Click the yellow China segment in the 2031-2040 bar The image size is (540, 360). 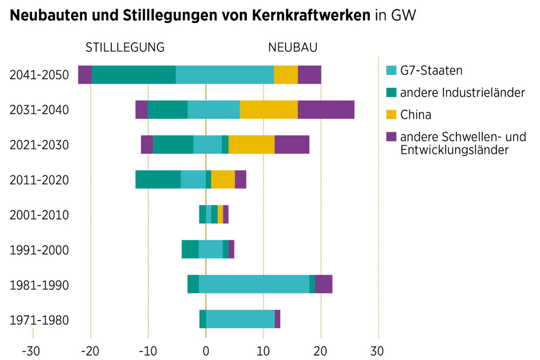pyautogui.click(x=268, y=110)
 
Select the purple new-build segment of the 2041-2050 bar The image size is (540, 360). pyautogui.click(x=309, y=74)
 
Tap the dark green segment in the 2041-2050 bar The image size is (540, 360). pyautogui.click(x=133, y=74)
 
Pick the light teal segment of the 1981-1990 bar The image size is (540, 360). pyautogui.click(x=254, y=284)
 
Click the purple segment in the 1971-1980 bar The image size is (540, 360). pyautogui.click(x=278, y=319)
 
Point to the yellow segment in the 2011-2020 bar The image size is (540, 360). pyautogui.click(x=223, y=179)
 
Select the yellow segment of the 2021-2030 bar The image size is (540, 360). pyautogui.click(x=252, y=145)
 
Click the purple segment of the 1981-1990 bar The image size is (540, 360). pyautogui.click(x=323, y=284)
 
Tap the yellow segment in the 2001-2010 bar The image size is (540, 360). pyautogui.click(x=220, y=214)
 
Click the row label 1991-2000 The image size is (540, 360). pyautogui.click(x=39, y=250)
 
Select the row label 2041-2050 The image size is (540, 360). pyautogui.click(x=39, y=75)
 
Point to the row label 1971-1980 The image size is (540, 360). pyautogui.click(x=39, y=321)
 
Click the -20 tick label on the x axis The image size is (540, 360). pyautogui.click(x=90, y=351)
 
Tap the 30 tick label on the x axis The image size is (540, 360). pyautogui.click(x=377, y=351)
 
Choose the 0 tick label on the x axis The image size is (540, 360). pyautogui.click(x=206, y=351)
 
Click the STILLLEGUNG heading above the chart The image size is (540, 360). pyautogui.click(x=125, y=47)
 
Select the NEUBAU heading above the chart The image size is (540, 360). pyautogui.click(x=293, y=47)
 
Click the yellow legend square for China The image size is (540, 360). pyautogui.click(x=391, y=114)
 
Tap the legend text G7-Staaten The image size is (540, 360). pyautogui.click(x=431, y=71)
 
